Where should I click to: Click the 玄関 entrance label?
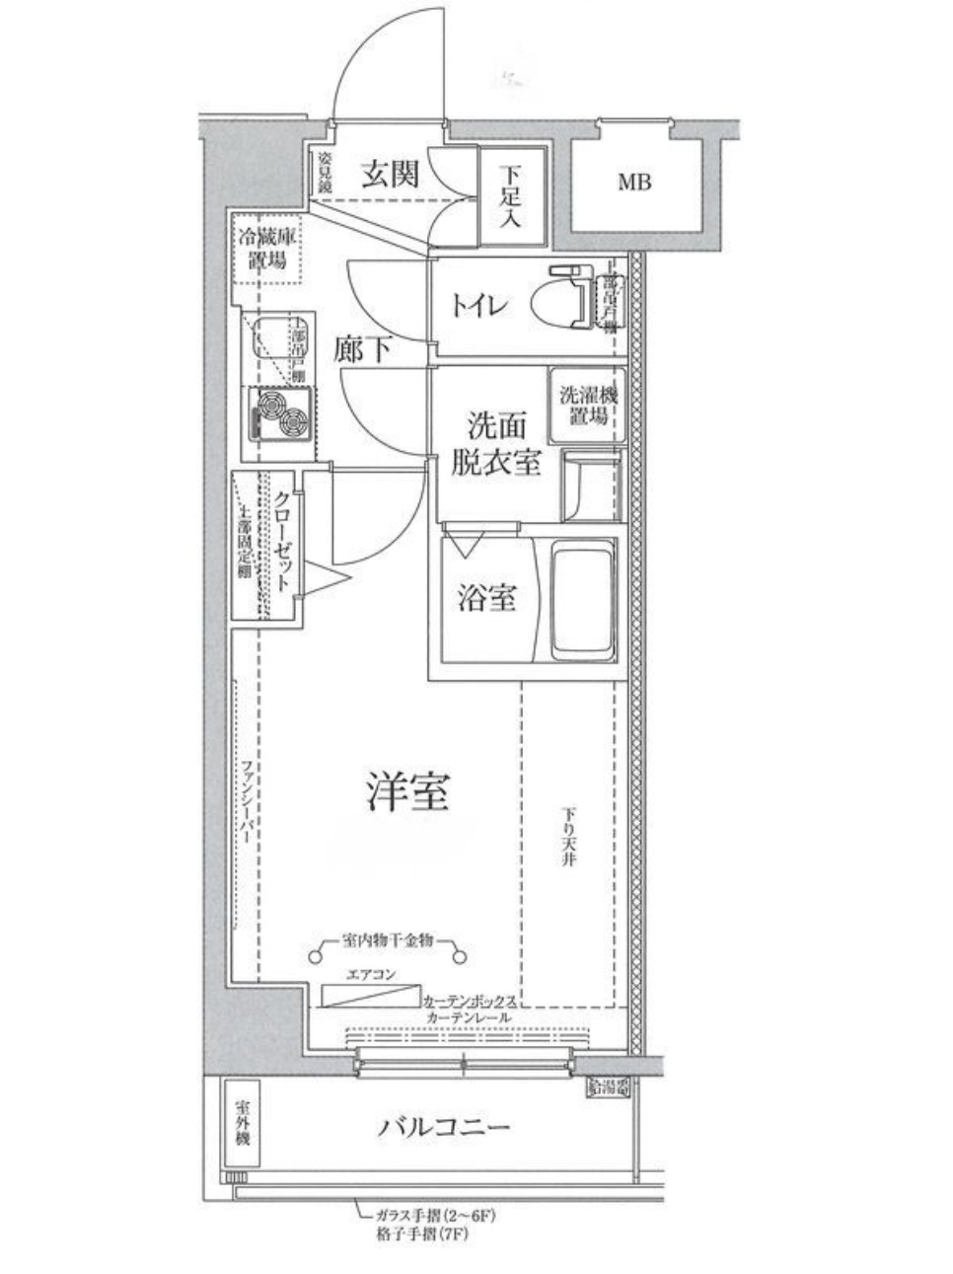[389, 174]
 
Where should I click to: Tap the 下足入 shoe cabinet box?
[509, 195]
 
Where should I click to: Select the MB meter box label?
[634, 183]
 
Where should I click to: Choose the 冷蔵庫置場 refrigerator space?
[265, 249]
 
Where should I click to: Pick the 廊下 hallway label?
[363, 348]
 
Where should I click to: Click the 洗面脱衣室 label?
[495, 445]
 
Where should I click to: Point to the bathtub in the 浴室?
[582, 601]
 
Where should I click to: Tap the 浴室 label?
[486, 598]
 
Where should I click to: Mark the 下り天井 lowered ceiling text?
[570, 838]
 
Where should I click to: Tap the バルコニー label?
[445, 1126]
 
